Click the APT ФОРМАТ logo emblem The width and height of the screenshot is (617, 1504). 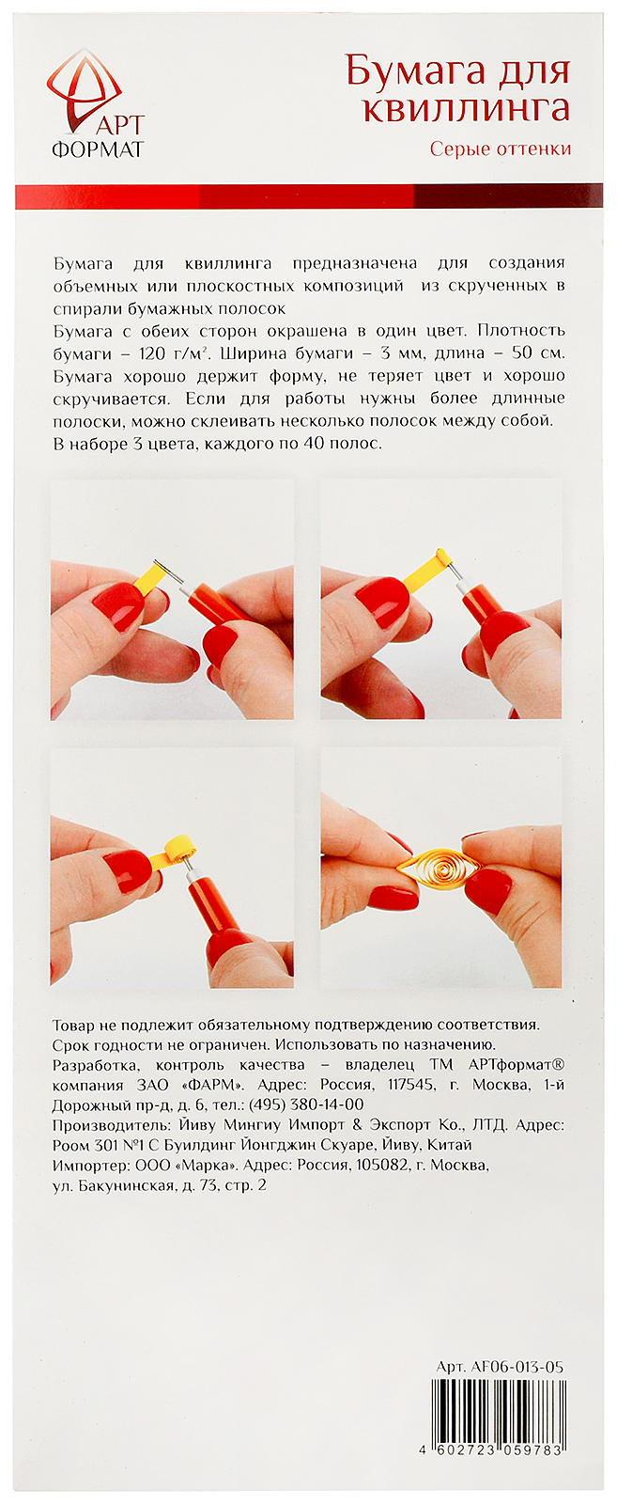[x=84, y=89]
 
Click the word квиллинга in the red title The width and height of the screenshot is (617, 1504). [x=466, y=107]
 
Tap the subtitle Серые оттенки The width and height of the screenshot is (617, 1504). [x=501, y=149]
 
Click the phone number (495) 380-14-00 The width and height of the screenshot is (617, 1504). [x=306, y=1104]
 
